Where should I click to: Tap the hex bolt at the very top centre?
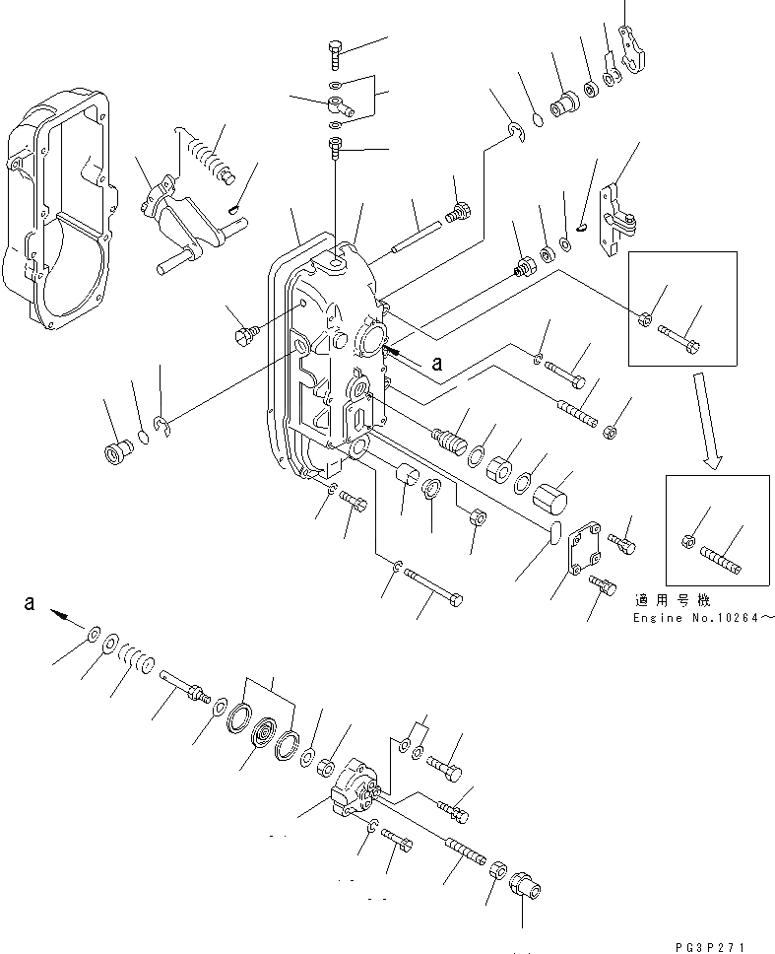[335, 55]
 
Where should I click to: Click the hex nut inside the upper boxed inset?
[645, 318]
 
